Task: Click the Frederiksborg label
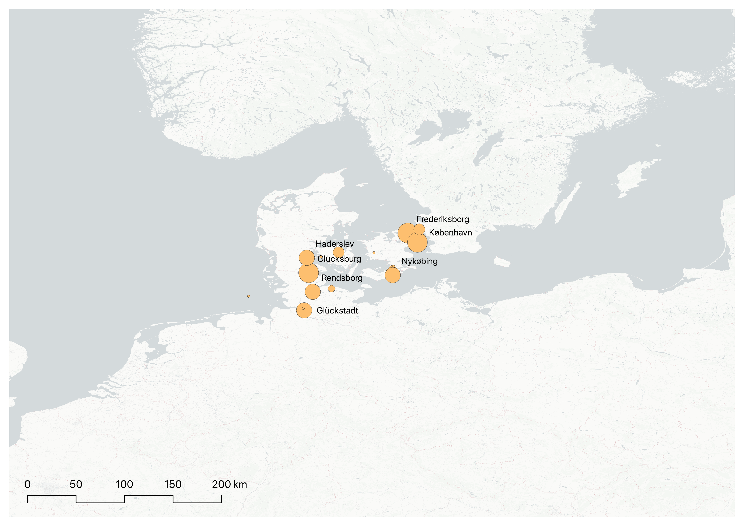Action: (443, 219)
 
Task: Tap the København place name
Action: (450, 232)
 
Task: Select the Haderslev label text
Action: (335, 244)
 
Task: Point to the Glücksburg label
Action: (339, 259)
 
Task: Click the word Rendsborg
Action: (342, 278)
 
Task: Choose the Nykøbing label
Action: (419, 261)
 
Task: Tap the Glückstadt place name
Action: (337, 311)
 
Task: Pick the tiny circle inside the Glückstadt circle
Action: (303, 308)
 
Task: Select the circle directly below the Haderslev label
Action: (339, 252)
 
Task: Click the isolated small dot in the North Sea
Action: (249, 296)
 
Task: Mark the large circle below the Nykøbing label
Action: (393, 275)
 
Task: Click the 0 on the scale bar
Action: (28, 485)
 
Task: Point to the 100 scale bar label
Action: (125, 485)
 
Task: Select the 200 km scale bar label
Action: (229, 485)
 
